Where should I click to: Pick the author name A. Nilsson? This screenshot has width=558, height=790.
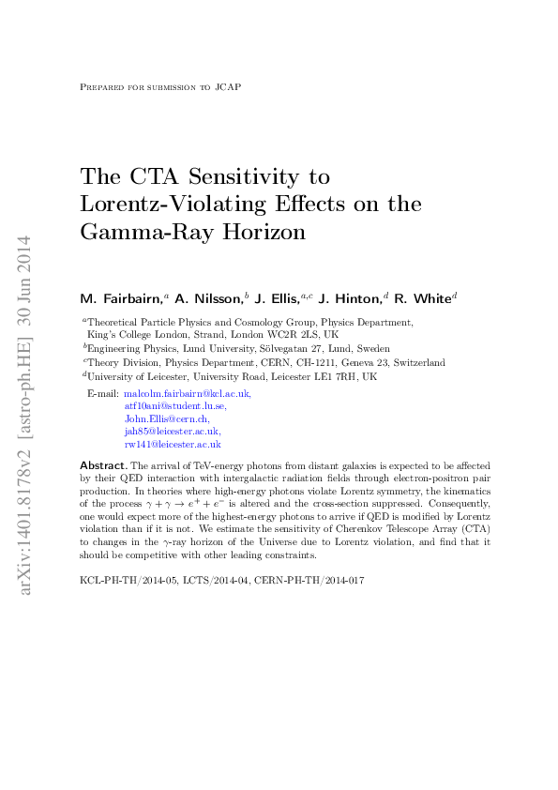208,298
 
